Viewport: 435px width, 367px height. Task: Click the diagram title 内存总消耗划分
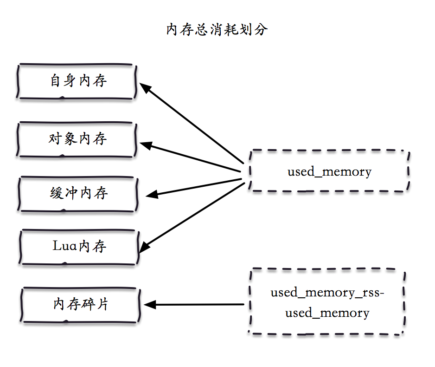217,30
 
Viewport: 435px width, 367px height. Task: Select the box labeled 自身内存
77,81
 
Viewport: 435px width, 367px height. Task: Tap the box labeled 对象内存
77,139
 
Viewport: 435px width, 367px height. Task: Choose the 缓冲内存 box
78,193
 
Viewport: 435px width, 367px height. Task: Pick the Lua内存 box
79,246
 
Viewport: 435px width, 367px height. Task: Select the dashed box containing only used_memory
329,171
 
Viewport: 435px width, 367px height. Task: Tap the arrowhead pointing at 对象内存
146,145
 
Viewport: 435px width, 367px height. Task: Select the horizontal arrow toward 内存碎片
195,305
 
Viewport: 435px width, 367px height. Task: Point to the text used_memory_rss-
327,293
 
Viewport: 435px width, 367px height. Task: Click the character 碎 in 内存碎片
87,305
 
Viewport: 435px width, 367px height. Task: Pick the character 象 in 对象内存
70,139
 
